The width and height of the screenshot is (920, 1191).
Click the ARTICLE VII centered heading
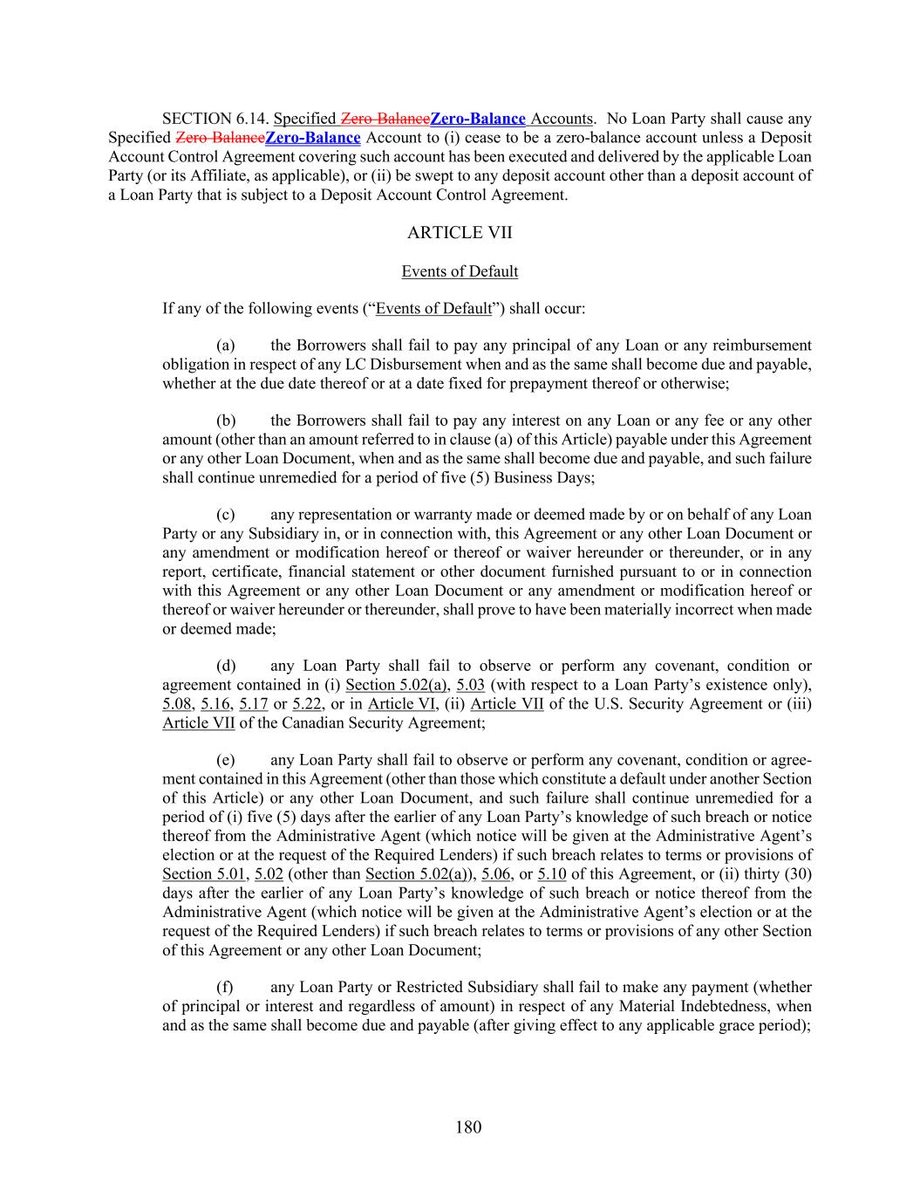pyautogui.click(x=460, y=232)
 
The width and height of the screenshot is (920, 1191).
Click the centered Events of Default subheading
pyautogui.click(x=460, y=271)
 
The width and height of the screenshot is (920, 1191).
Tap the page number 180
pyautogui.click(x=468, y=1127)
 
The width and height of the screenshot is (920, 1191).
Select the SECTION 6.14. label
pyautogui.click(x=216, y=119)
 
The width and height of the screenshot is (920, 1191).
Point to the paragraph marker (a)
pyautogui.click(x=226, y=346)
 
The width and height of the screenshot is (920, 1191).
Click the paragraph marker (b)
pyautogui.click(x=226, y=421)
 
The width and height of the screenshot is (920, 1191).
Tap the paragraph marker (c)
pyautogui.click(x=226, y=515)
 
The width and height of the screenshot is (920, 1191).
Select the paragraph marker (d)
pyautogui.click(x=226, y=666)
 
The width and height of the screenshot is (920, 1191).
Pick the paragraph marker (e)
pyautogui.click(x=226, y=760)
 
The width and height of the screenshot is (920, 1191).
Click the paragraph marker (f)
pyautogui.click(x=226, y=987)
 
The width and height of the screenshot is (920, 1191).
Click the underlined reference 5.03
pyautogui.click(x=471, y=685)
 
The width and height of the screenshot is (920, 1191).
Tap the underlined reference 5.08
pyautogui.click(x=176, y=704)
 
